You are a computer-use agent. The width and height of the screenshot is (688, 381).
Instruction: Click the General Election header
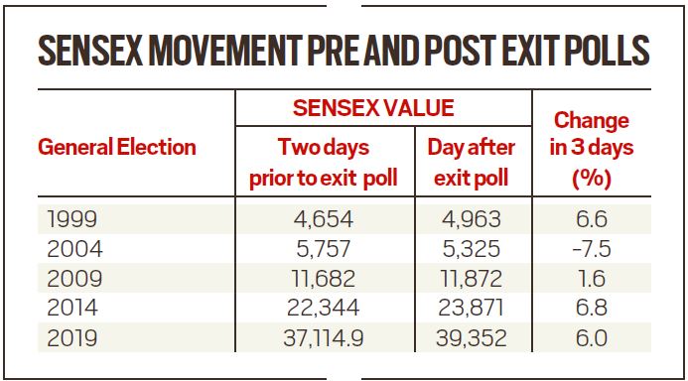(117, 148)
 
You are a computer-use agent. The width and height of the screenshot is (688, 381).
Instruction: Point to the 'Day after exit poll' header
(472, 163)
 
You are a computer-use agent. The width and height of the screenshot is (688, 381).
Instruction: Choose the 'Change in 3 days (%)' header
(592, 149)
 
